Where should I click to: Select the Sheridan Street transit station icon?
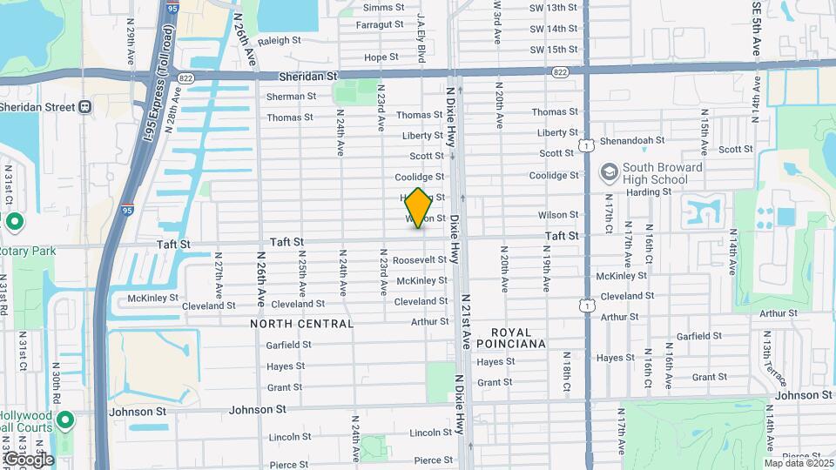[x=84, y=107]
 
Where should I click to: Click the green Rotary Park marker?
[x=14, y=222]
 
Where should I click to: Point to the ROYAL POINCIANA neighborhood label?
[x=517, y=338]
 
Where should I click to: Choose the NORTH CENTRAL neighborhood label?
[x=302, y=324]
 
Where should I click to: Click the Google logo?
[x=28, y=459]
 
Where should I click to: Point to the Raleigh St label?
[x=278, y=40]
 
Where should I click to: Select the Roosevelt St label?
[x=419, y=260]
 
